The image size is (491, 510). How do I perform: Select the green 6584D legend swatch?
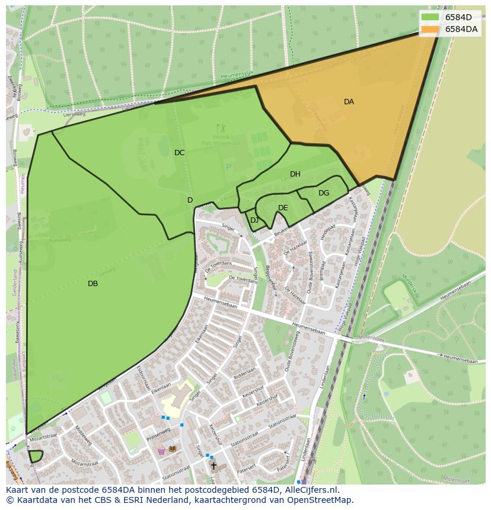point(430,17)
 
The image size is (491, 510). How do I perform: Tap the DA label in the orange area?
point(349,102)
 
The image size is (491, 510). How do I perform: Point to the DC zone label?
point(179,153)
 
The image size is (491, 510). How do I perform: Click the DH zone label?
point(295,174)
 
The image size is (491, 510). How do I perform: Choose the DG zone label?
point(323,193)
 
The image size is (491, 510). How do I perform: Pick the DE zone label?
point(283,208)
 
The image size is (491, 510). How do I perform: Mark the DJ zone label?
point(254,220)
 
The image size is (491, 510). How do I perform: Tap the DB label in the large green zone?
point(93,284)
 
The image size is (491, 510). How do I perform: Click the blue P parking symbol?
point(228,167)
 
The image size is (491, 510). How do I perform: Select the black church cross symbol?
point(213,466)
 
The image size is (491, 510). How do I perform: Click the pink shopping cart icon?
point(161,451)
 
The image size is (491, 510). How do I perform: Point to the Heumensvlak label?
point(237,73)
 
